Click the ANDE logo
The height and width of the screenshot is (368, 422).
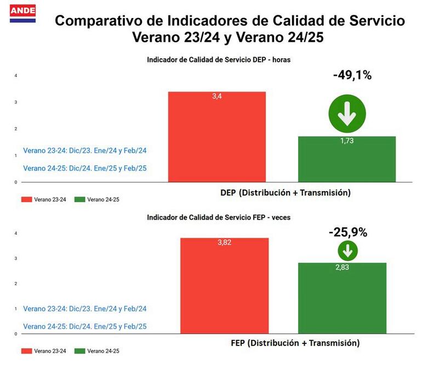point(23,13)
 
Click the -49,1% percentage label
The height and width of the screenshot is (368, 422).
point(352,75)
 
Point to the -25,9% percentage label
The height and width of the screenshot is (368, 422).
point(348,232)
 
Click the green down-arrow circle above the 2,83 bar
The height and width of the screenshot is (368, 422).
point(347,251)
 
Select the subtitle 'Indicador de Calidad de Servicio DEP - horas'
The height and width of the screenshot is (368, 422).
point(219,60)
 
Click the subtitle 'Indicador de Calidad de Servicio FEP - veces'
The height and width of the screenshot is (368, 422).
point(219,218)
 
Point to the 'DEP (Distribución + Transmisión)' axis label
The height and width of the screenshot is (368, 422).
point(285,193)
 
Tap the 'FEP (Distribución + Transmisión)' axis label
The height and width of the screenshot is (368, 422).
point(294,343)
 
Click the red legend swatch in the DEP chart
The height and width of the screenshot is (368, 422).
point(26,199)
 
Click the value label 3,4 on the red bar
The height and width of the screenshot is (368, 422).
point(217,97)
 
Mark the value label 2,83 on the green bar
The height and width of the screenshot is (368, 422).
point(343,267)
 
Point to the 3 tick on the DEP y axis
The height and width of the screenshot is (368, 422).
point(15,102)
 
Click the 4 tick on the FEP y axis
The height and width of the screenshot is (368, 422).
point(15,233)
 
